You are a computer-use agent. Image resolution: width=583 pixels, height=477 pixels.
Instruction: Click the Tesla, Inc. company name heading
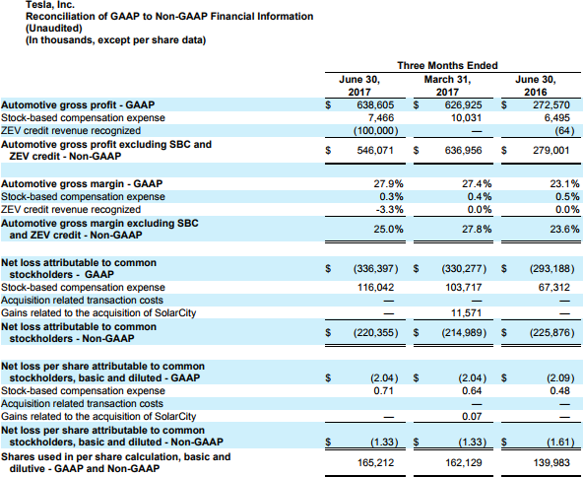(50, 5)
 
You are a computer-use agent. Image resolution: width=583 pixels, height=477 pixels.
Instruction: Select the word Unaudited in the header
(53, 29)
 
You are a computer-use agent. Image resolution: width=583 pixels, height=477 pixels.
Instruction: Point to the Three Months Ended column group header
(447, 65)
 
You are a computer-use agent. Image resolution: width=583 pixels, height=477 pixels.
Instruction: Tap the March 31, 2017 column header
(447, 86)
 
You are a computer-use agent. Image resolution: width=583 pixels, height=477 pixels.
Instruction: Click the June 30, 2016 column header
(536, 86)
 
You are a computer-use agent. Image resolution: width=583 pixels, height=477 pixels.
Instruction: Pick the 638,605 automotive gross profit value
(375, 104)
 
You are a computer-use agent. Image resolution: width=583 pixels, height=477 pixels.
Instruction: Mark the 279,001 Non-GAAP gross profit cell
(551, 151)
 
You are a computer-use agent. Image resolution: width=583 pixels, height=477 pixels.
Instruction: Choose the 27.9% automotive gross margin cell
(388, 184)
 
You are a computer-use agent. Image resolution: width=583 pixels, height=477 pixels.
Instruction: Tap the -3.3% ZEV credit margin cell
(389, 210)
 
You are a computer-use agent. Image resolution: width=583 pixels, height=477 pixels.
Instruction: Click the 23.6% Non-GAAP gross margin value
(564, 230)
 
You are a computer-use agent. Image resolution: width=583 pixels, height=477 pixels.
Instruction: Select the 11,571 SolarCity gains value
(466, 313)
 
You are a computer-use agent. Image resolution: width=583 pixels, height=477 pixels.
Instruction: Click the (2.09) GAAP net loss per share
(560, 378)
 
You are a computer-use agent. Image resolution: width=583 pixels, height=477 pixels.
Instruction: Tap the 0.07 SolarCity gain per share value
(472, 416)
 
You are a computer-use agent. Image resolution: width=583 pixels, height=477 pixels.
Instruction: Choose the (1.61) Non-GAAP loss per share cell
(560, 443)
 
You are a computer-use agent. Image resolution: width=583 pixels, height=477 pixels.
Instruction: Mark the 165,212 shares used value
(375, 463)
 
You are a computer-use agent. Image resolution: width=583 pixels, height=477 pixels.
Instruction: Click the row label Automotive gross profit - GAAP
(78, 104)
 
